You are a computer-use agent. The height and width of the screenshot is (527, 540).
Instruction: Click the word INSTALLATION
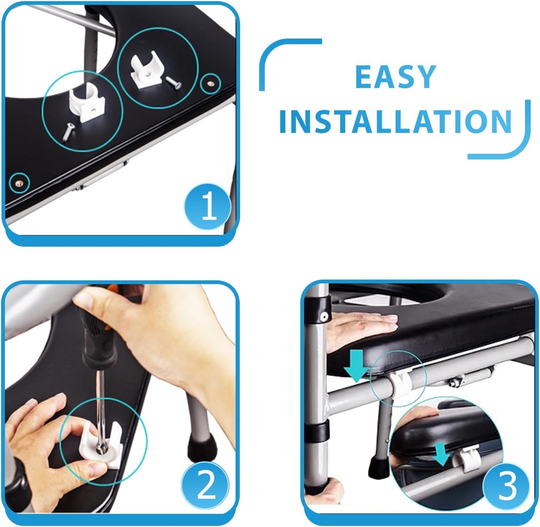point(396,121)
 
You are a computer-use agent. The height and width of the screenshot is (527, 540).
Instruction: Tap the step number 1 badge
point(208,206)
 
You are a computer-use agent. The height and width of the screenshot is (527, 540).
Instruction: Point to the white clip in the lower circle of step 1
point(87,102)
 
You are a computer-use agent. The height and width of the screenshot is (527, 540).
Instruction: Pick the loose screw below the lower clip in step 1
point(67,133)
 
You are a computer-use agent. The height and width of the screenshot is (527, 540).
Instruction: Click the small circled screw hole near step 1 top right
point(210,83)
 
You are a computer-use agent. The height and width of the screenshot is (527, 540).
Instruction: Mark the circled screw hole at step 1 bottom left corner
point(20,183)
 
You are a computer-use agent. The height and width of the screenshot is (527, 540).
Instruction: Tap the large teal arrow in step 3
point(356,365)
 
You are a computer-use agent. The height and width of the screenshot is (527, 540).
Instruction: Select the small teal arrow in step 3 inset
point(442,454)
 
